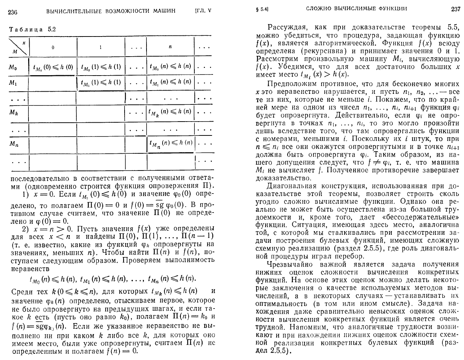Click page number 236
point(13,11)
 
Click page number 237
point(455,9)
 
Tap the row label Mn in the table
point(14,144)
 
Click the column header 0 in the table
point(53,47)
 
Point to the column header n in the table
point(170,47)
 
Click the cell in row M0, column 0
point(53,67)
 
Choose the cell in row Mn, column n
point(170,143)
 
